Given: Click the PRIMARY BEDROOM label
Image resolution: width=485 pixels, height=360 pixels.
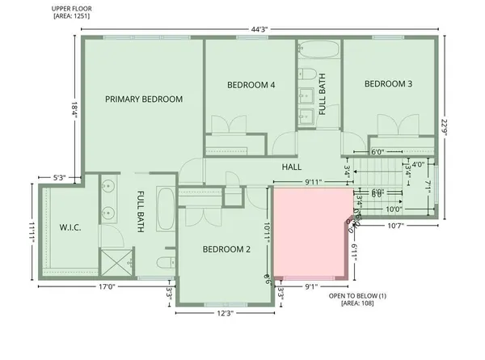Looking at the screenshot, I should [x=143, y=99].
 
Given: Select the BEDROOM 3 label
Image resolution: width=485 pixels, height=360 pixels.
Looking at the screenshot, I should [x=388, y=83].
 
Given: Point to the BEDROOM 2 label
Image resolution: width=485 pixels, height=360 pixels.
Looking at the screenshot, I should [x=226, y=249].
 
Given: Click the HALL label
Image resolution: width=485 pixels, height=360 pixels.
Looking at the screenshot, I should [x=292, y=167].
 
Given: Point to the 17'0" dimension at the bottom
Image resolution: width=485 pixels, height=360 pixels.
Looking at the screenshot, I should [x=106, y=286].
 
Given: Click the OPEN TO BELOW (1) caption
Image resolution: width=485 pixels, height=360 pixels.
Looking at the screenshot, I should [x=358, y=296].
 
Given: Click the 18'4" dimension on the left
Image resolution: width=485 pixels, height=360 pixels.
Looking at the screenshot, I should [x=74, y=108].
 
